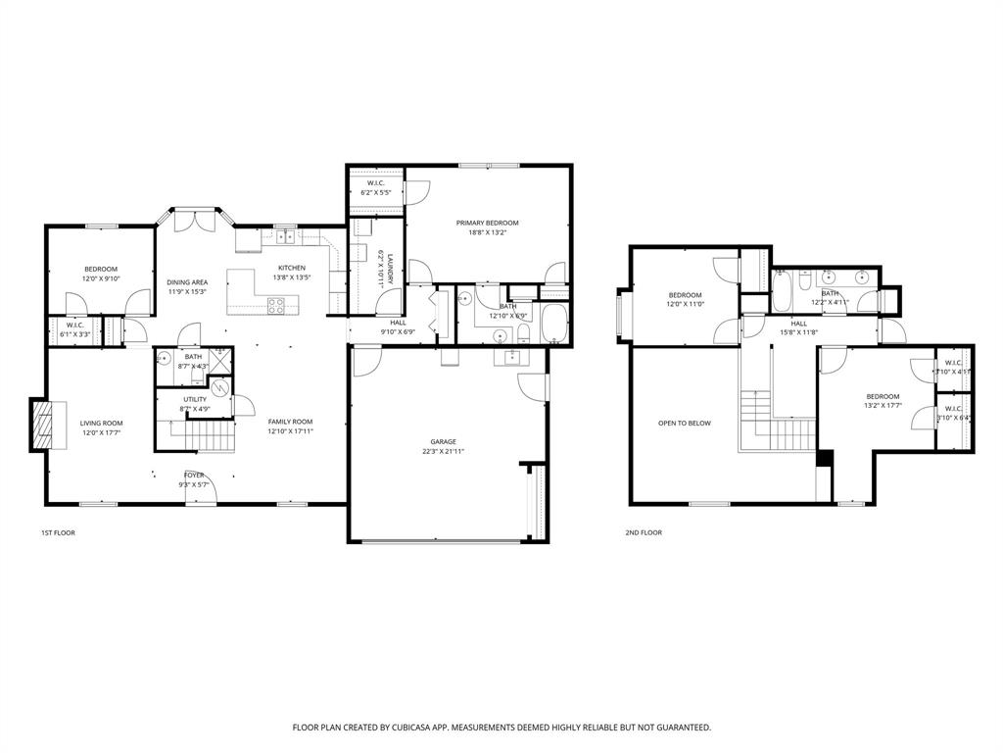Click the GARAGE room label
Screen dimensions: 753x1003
tap(443, 441)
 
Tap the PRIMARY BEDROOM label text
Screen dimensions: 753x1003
tap(487, 223)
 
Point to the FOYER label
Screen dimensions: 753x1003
tap(194, 475)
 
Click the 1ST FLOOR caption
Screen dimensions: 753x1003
tap(58, 532)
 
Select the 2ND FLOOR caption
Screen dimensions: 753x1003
tap(644, 532)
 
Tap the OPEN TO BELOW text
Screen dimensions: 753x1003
tap(685, 424)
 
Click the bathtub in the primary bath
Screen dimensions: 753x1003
tap(553, 325)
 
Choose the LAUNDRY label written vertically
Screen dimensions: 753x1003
tap(389, 268)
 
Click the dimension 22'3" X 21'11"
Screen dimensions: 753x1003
tap(443, 451)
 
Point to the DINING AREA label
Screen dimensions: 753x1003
tap(186, 281)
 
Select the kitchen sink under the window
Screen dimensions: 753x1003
tap(286, 237)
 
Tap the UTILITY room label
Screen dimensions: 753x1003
tap(194, 400)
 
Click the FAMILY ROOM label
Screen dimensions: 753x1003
tap(290, 422)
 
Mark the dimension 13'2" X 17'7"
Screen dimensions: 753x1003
tap(882, 405)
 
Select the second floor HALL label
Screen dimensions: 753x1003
tap(799, 323)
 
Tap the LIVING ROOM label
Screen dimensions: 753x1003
tap(101, 423)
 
